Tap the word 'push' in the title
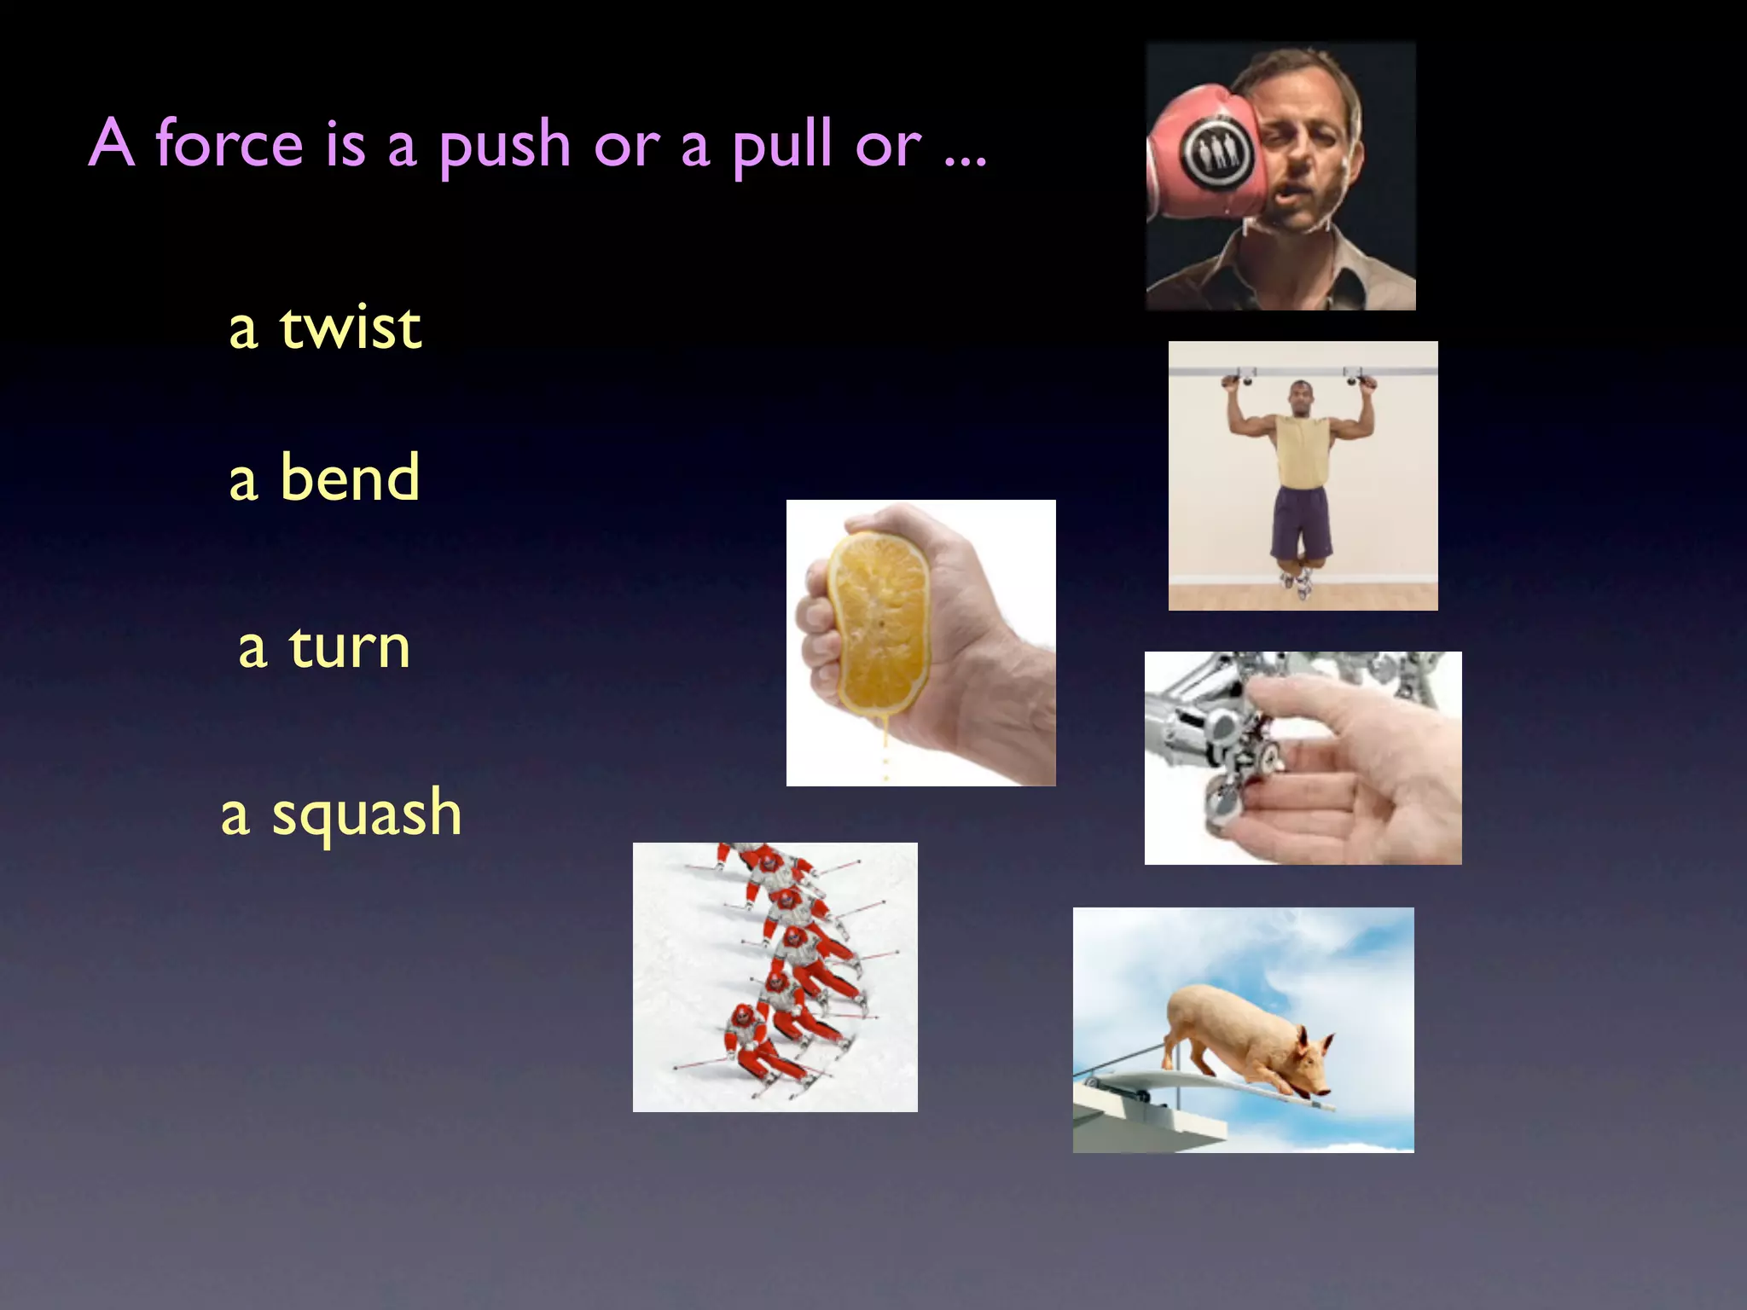click(x=505, y=145)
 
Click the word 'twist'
click(x=350, y=327)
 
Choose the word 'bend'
click(x=350, y=478)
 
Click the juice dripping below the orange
click(x=885, y=751)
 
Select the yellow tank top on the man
click(x=1303, y=452)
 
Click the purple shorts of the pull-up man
click(x=1303, y=520)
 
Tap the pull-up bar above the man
click(x=1303, y=372)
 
